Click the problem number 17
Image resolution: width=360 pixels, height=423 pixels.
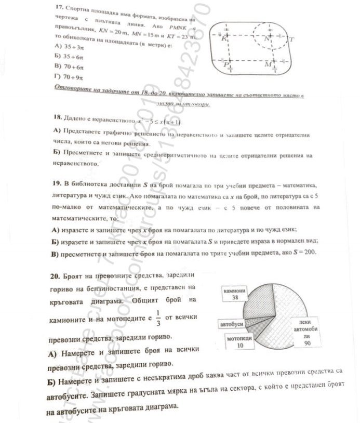[x=58, y=9]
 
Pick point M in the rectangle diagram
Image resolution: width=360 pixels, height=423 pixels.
[x=268, y=64]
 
